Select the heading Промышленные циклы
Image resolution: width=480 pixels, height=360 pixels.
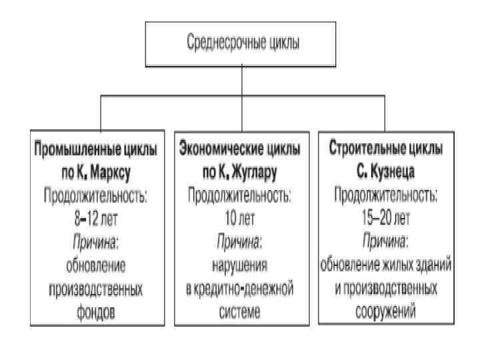coord(96,150)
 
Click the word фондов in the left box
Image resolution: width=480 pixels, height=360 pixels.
coord(96,313)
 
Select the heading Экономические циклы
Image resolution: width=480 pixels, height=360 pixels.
coord(239,150)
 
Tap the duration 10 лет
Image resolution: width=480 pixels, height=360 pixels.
coord(239,218)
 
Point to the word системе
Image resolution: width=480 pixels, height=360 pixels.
coord(239,313)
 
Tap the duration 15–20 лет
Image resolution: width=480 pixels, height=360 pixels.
coord(385,217)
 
